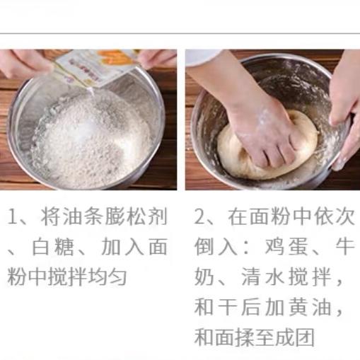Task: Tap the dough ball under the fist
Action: [x=267, y=146]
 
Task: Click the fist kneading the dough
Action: [x=264, y=134]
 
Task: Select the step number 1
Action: [x=12, y=216]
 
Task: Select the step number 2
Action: [x=200, y=216]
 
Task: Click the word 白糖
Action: [x=53, y=247]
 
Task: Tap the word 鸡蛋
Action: [x=286, y=247]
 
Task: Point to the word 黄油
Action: [x=310, y=307]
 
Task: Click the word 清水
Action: [x=262, y=277]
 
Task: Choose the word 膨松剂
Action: [x=137, y=216]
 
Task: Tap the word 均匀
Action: [x=107, y=277]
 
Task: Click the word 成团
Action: [x=295, y=337]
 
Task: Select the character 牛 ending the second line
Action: [x=344, y=247]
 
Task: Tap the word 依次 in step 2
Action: [x=334, y=216]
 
